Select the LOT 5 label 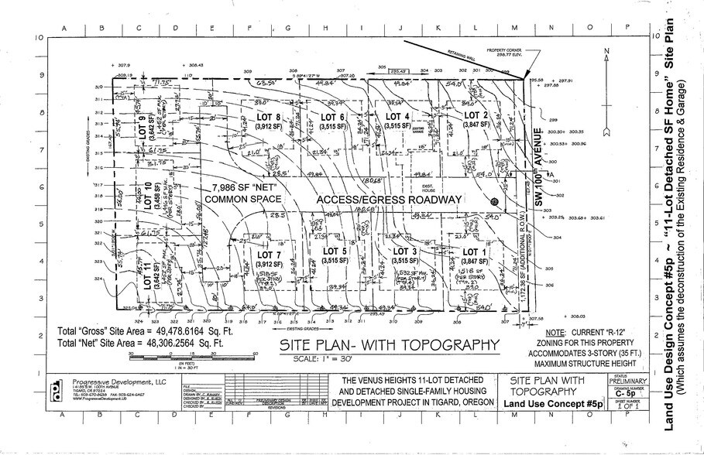(x=335, y=251)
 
